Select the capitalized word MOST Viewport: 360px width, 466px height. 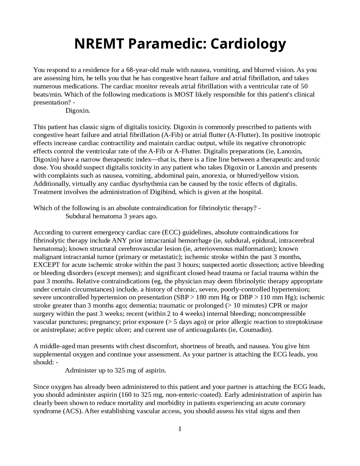pos(184,94)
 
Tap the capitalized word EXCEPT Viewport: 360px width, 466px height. pos(46,265)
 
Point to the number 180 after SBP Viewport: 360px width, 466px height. pos(201,297)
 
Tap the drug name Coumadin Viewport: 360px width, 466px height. pos(255,330)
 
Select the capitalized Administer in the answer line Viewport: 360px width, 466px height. pos(81,370)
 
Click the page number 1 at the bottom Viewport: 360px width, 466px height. pos(180,429)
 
